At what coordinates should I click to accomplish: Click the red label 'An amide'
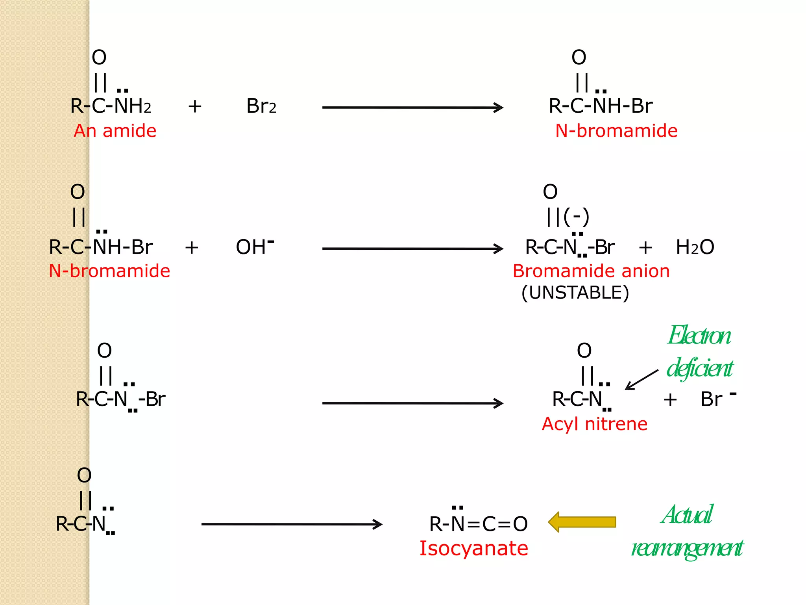click(115, 131)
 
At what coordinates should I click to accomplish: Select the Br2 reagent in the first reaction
click(261, 106)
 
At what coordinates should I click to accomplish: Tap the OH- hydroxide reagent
click(255, 247)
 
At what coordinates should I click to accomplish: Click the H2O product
click(695, 247)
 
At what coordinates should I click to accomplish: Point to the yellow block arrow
click(582, 522)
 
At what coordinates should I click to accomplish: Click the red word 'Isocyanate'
click(473, 548)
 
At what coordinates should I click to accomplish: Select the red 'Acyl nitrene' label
click(594, 424)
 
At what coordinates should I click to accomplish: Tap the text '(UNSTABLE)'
click(575, 293)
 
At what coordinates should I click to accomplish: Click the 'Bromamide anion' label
click(591, 271)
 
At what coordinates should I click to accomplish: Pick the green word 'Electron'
click(699, 336)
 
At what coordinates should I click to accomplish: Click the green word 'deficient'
click(700, 368)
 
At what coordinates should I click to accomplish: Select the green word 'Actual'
click(687, 515)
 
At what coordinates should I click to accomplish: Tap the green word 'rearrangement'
click(687, 548)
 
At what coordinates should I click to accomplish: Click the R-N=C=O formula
click(478, 523)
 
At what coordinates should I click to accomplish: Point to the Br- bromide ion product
click(717, 399)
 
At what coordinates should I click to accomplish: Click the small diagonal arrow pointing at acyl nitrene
click(641, 380)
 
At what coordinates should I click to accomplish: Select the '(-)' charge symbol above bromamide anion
click(576, 217)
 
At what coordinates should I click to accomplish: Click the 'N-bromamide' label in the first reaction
click(616, 131)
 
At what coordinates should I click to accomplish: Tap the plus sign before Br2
click(195, 106)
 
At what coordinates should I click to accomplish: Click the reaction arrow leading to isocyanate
click(292, 524)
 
